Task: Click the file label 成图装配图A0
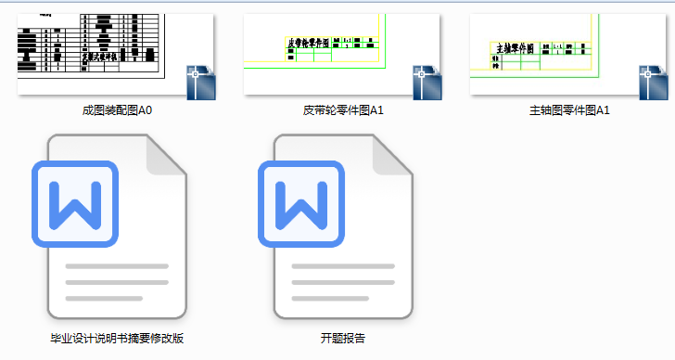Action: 117,110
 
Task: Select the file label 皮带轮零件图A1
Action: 343,110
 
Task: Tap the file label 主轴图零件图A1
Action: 569,110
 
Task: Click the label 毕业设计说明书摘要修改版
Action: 117,338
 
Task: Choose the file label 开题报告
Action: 343,338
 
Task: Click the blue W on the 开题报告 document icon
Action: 299,205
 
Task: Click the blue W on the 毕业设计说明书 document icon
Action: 73,205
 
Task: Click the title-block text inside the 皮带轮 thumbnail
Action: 310,43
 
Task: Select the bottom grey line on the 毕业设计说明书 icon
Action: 104,298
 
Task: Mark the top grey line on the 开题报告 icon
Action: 343,267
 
